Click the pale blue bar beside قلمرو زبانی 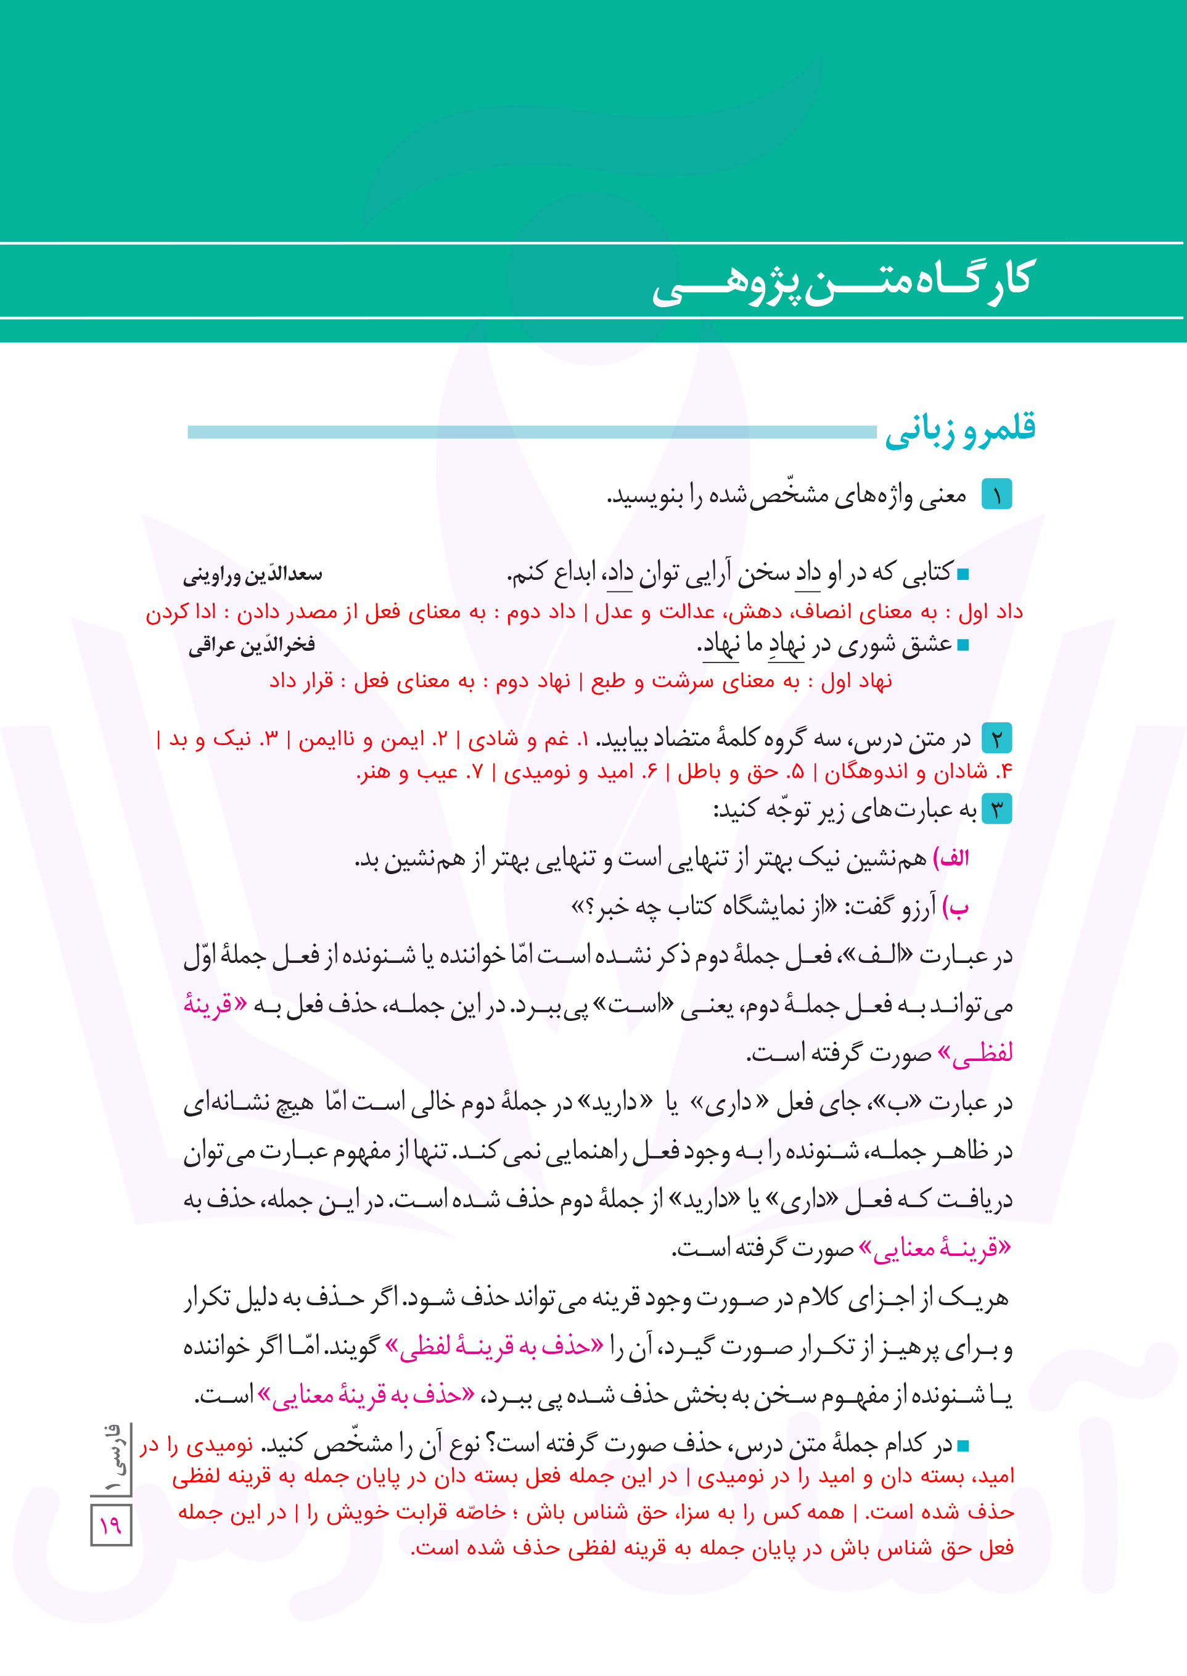[x=532, y=432]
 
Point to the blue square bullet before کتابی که [x=963, y=575]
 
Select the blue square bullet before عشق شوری [x=963, y=645]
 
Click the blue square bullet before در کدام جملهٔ [x=963, y=1446]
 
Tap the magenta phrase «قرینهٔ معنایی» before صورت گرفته [x=935, y=1249]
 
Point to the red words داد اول [x=995, y=611]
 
